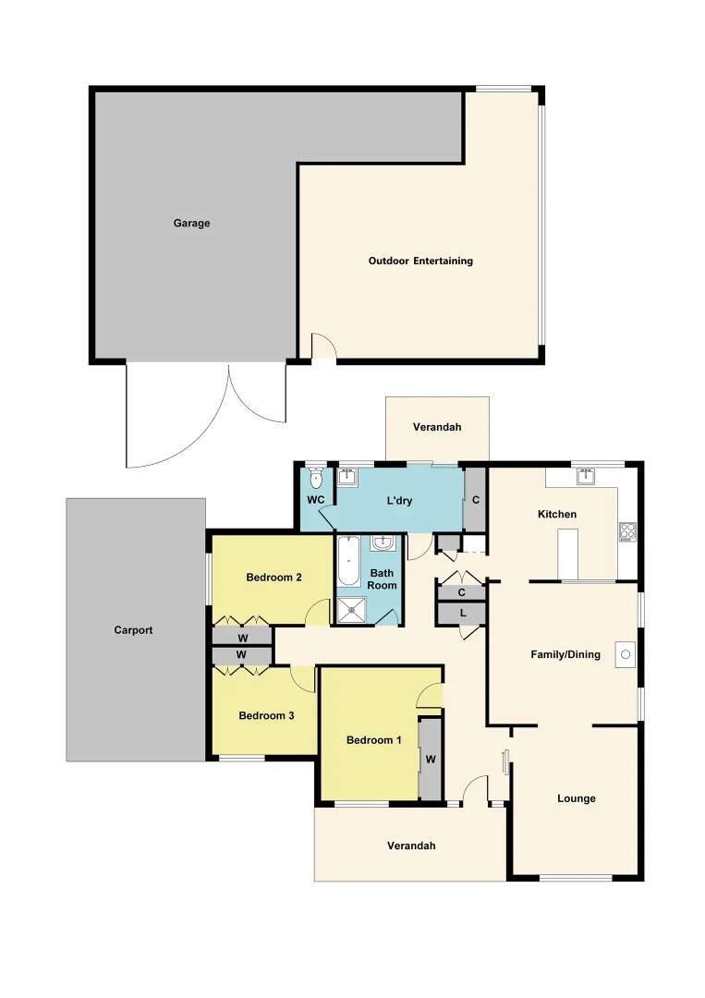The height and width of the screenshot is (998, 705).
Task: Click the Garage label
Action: (192, 223)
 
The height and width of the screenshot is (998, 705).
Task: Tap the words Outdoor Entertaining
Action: (420, 262)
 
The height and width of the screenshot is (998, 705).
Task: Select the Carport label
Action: (133, 630)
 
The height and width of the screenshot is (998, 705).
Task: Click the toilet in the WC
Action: (316, 479)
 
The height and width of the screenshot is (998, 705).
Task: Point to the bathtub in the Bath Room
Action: (348, 562)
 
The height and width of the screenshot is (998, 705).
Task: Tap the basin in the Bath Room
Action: (383, 543)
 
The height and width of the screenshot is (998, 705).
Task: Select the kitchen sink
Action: (585, 477)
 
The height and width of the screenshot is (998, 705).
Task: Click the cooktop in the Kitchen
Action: (626, 531)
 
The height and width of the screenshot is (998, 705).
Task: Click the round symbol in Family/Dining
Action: (626, 654)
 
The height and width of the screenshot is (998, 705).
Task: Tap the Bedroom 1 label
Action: (374, 740)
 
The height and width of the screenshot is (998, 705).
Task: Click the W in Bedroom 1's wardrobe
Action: (430, 760)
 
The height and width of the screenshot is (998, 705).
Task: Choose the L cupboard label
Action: (461, 613)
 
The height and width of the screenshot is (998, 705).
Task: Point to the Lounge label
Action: (577, 798)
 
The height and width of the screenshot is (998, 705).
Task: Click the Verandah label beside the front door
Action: (411, 846)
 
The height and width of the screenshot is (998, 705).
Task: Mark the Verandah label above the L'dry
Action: (436, 428)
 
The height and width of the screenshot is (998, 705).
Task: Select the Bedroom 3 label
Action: (266, 715)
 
